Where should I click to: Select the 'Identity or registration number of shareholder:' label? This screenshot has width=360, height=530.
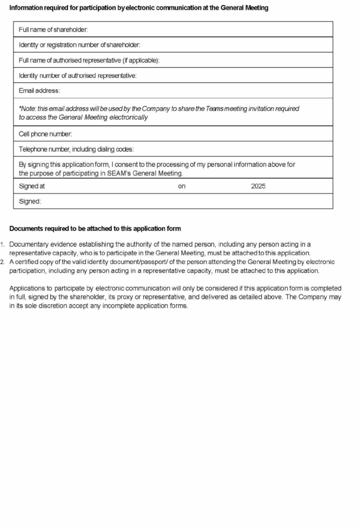coord(80,45)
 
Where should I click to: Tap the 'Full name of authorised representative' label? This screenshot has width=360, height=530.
coord(89,61)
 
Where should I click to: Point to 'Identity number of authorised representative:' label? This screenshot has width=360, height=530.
coord(78,76)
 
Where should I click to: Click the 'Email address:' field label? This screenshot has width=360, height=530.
coord(39,91)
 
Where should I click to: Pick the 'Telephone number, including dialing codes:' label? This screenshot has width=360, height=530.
coord(76,150)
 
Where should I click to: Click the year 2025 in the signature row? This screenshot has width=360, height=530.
coord(258,186)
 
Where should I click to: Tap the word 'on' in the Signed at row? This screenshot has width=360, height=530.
coord(182,186)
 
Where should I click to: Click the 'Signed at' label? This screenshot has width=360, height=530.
coord(32,186)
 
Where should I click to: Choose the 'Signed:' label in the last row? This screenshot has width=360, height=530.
coord(30,201)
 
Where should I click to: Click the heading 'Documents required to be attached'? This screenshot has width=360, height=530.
coord(95,229)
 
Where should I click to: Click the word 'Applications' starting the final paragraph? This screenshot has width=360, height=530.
coord(28,288)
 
